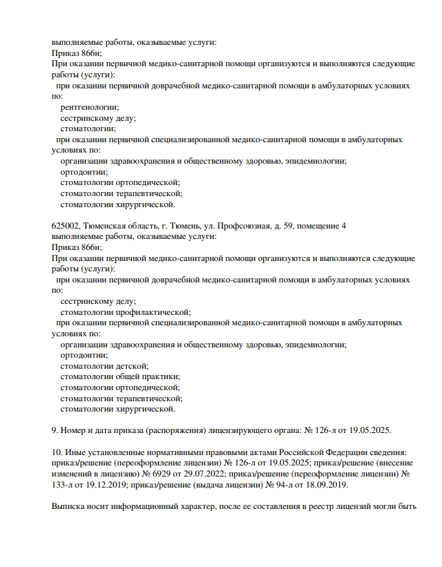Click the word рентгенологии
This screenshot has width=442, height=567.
(89, 107)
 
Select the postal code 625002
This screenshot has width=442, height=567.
(66, 226)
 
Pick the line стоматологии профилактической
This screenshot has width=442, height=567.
(126, 312)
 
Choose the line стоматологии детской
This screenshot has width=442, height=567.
(104, 365)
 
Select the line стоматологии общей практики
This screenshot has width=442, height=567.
(120, 376)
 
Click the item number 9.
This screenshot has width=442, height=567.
(55, 430)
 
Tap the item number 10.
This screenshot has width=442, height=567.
(57, 452)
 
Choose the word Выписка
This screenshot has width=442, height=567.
(70, 506)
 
